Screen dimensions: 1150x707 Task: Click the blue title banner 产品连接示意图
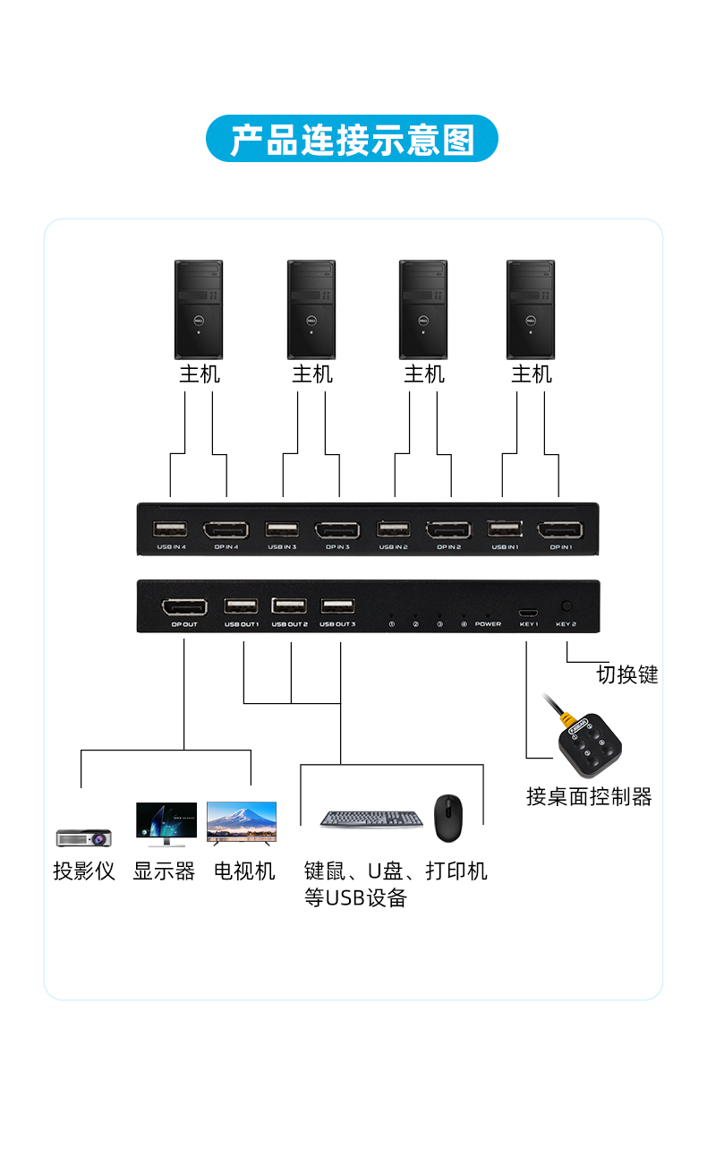pyautogui.click(x=352, y=139)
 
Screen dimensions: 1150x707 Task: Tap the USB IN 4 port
pyautogui.click(x=170, y=528)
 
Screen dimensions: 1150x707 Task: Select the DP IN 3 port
pyautogui.click(x=337, y=530)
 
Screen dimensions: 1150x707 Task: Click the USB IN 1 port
pyautogui.click(x=504, y=528)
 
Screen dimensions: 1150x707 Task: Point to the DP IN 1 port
pyautogui.click(x=560, y=530)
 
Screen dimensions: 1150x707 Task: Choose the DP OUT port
pyautogui.click(x=183, y=606)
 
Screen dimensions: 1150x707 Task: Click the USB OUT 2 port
pyautogui.click(x=289, y=605)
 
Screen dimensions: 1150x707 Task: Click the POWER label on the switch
pyautogui.click(x=488, y=623)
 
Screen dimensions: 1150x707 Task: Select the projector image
pyautogui.click(x=83, y=837)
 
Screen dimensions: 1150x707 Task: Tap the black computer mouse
pyautogui.click(x=448, y=818)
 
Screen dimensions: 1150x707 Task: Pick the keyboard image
pyautogui.click(x=372, y=819)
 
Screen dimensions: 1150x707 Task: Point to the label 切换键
pyautogui.click(x=626, y=674)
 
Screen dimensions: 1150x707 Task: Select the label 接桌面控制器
pyautogui.click(x=588, y=796)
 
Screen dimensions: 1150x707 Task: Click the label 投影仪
pyautogui.click(x=84, y=871)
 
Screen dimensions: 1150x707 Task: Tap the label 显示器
pyautogui.click(x=164, y=871)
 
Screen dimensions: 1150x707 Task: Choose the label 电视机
pyautogui.click(x=244, y=871)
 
